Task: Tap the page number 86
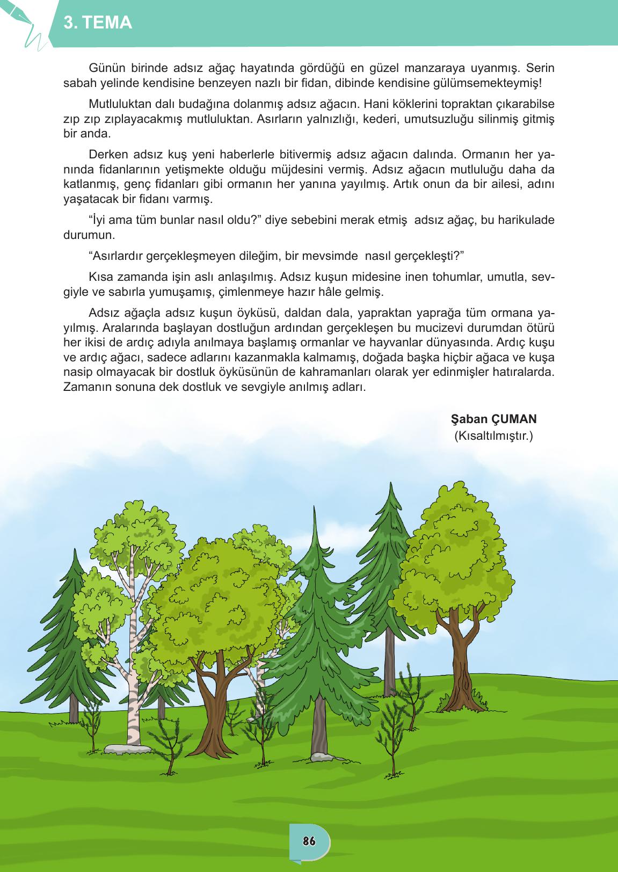(309, 841)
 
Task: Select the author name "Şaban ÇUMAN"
(495, 419)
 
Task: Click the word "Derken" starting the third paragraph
(106, 155)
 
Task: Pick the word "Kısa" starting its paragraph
(99, 277)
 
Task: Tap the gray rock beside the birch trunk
(121, 749)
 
